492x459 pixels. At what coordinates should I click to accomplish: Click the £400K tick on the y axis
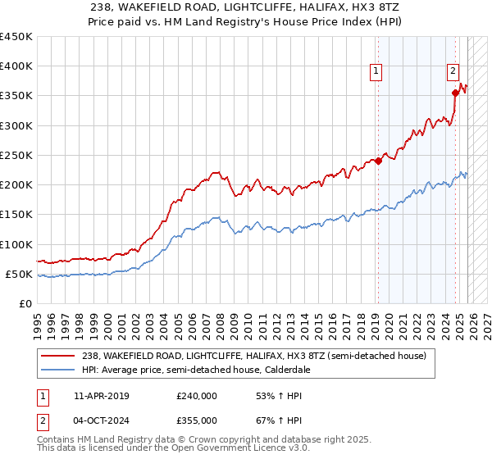pyautogui.click(x=16, y=66)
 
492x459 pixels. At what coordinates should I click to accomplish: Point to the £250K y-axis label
pyautogui.click(x=16, y=155)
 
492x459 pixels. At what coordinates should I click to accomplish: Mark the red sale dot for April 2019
pyautogui.click(x=378, y=161)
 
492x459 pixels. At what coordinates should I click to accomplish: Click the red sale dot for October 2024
pyautogui.click(x=455, y=93)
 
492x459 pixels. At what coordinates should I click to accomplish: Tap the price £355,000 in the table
pyautogui.click(x=197, y=420)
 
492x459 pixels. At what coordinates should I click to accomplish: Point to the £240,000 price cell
pyautogui.click(x=197, y=396)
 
